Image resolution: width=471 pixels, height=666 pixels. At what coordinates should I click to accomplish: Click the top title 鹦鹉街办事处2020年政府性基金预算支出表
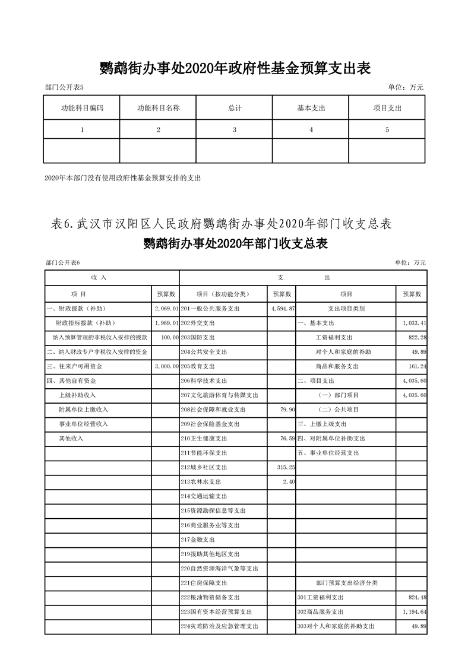coord(235,69)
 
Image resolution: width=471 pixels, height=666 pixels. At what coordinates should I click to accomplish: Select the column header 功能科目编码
coord(82,109)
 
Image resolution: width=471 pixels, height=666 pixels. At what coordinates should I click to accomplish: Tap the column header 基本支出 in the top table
coord(311,109)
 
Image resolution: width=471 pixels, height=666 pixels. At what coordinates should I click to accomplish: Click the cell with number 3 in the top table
coord(235,130)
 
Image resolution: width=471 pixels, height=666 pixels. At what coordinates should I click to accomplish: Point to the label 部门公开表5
coord(64,88)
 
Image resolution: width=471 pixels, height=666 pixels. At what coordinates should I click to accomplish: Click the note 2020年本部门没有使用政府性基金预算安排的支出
coord(123,177)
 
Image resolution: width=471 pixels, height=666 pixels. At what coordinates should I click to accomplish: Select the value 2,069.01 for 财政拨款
coord(166,309)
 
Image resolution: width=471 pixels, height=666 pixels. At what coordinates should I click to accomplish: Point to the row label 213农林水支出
coord(202,481)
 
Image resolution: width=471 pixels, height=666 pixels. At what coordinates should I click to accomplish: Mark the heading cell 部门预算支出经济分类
coord(347,582)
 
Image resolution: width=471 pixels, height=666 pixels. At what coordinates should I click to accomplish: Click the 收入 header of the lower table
coord(99,278)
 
